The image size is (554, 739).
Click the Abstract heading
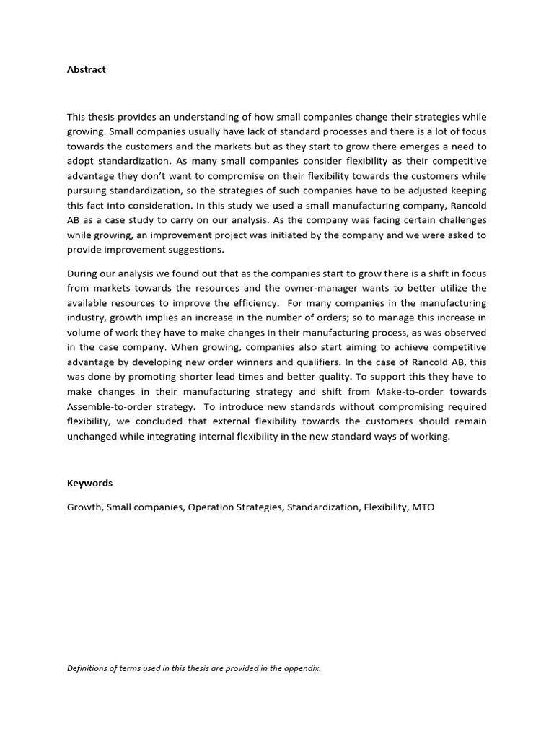click(87, 69)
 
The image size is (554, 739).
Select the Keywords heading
click(90, 483)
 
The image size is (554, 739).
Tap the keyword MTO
click(423, 507)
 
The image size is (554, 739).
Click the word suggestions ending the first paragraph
click(193, 250)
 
